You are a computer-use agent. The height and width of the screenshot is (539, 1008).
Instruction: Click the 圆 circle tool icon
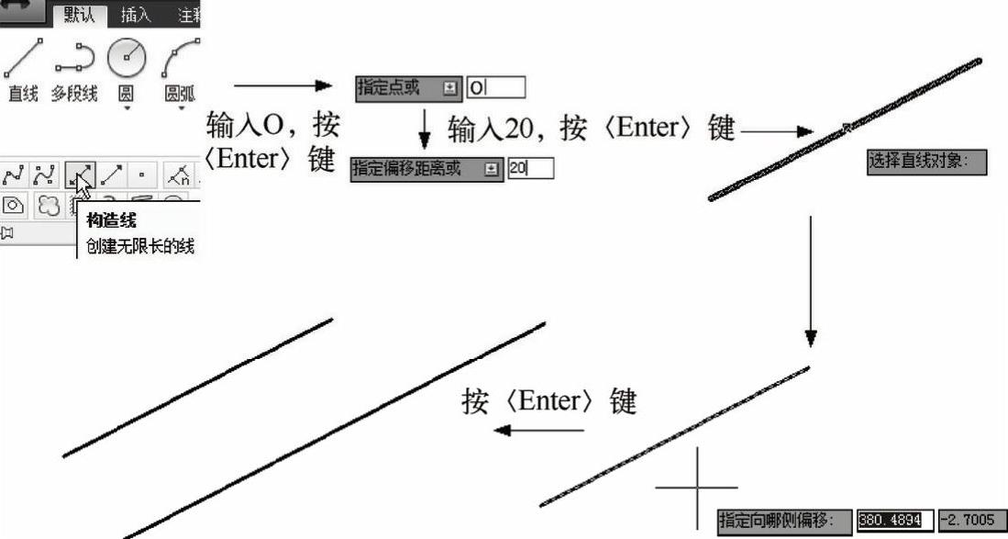tap(127, 59)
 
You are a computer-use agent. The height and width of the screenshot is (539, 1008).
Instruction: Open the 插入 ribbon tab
tap(136, 15)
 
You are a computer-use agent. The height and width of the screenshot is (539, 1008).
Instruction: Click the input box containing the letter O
tap(496, 88)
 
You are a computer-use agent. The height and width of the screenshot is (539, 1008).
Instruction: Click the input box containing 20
tap(530, 169)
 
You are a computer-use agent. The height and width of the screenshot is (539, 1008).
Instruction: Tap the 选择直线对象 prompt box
tap(926, 163)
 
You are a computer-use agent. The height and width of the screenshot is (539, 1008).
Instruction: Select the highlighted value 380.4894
tap(894, 521)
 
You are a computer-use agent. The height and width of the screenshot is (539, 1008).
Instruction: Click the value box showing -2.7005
tap(970, 521)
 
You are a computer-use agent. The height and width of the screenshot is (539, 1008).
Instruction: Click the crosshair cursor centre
tap(698, 487)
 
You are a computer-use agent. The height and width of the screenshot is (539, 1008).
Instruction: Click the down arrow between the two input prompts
tap(424, 129)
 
